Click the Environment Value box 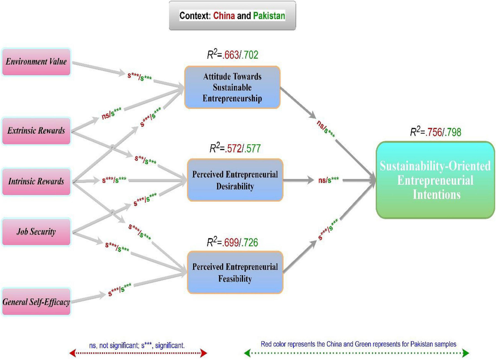tap(36, 62)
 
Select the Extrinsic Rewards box tap(36, 131)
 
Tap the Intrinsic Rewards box tap(36, 182)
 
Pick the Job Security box tap(36, 232)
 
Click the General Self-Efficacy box tap(36, 302)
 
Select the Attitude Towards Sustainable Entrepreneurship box tap(232, 87)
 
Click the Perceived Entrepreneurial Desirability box tap(235, 180)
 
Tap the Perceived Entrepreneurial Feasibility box tap(235, 272)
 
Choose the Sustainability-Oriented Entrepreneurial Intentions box tap(435, 180)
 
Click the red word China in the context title tap(224, 16)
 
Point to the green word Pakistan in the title tap(269, 16)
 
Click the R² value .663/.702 tap(232, 55)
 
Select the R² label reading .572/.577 tap(235, 149)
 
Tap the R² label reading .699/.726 tap(232, 242)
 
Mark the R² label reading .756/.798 tap(436, 132)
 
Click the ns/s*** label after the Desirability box tap(328, 180)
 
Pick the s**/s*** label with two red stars tap(145, 160)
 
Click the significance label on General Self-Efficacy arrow tap(120, 290)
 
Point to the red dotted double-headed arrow tap(138, 353)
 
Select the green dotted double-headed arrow tap(357, 353)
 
